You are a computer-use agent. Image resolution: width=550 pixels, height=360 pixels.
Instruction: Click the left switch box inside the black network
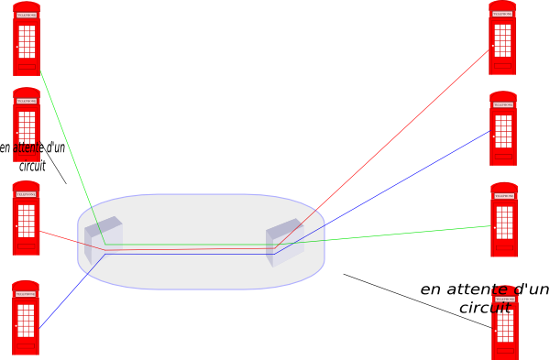(x=103, y=240)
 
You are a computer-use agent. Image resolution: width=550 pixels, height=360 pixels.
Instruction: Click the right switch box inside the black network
(x=284, y=243)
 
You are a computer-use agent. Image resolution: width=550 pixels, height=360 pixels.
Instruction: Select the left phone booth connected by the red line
(x=26, y=219)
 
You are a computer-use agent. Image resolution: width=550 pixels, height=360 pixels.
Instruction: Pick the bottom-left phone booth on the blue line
(x=26, y=318)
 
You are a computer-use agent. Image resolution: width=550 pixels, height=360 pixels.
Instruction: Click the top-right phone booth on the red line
(x=502, y=38)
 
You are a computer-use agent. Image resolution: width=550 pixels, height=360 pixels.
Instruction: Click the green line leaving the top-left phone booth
(x=69, y=147)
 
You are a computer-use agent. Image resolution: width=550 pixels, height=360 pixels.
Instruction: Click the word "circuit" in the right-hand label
(x=485, y=308)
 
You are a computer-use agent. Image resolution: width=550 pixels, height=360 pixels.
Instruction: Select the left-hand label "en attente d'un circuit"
(x=32, y=156)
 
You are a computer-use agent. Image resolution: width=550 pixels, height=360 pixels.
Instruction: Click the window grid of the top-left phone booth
(x=27, y=41)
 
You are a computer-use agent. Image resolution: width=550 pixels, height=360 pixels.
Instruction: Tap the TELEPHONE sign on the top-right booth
(x=502, y=14)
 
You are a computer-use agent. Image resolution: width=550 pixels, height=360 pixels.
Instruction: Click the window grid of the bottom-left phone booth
(x=26, y=321)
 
